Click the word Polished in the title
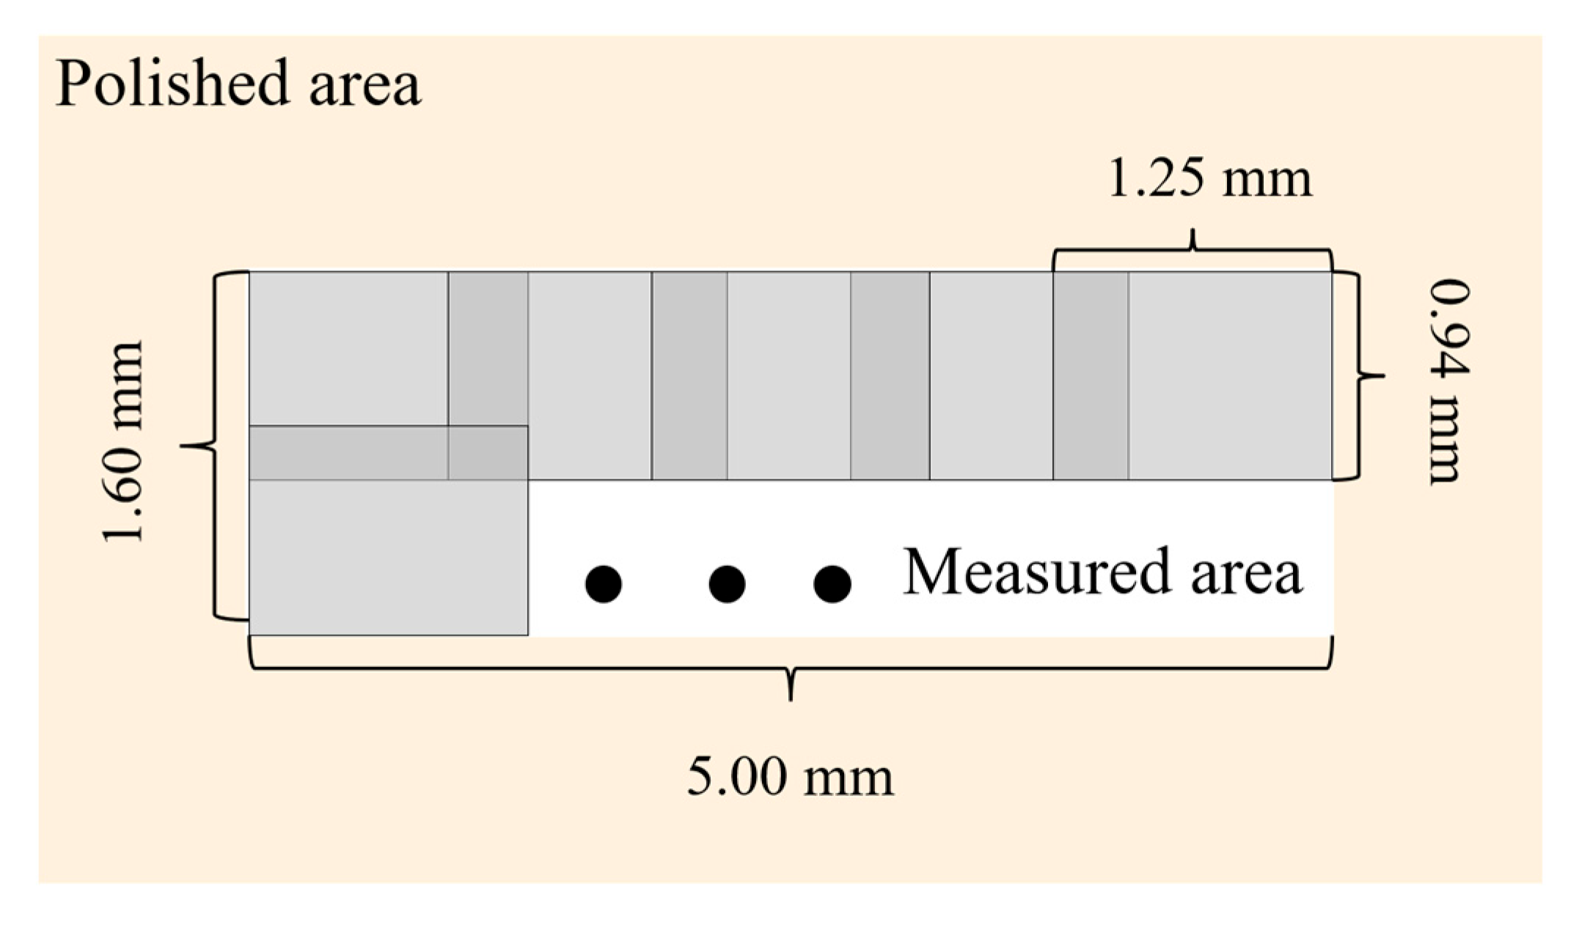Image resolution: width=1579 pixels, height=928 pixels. click(x=172, y=84)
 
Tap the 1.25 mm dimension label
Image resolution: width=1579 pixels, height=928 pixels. click(x=1209, y=179)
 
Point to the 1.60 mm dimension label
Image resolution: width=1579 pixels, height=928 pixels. click(x=122, y=442)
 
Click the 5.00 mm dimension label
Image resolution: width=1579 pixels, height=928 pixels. click(x=790, y=777)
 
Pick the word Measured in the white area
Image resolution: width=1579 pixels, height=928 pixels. click(x=1035, y=572)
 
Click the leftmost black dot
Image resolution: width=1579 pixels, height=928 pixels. click(x=604, y=584)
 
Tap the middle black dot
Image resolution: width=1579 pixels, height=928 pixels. click(x=727, y=584)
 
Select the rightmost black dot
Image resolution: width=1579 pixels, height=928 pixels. click(x=832, y=584)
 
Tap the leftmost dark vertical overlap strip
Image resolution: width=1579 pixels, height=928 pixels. click(x=488, y=348)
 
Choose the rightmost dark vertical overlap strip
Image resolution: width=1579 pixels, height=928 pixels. click(x=1091, y=375)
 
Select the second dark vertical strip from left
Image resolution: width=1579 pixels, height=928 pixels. click(x=689, y=375)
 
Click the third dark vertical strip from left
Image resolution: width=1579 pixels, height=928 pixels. click(x=890, y=375)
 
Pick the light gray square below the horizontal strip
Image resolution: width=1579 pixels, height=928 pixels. click(x=388, y=557)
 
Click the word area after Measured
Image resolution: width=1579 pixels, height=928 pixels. click(x=1246, y=574)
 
